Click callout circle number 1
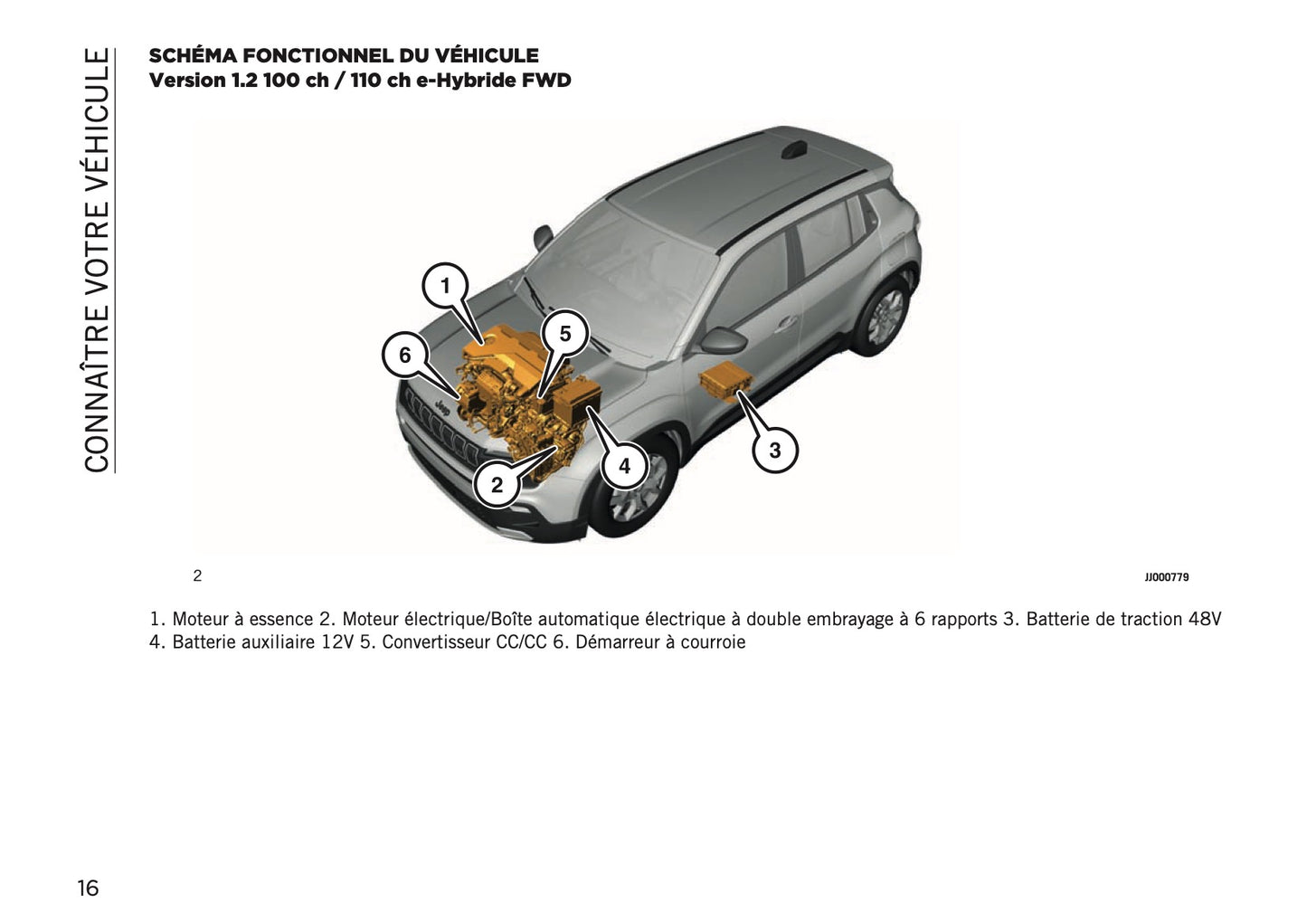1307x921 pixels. tap(445, 287)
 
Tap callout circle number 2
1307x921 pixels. tap(497, 485)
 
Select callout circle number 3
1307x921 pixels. tap(774, 449)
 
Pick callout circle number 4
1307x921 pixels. tap(624, 467)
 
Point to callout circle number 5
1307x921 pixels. tap(565, 334)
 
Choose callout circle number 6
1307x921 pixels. tap(404, 356)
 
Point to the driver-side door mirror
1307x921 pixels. tap(723, 339)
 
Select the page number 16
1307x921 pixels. tap(88, 888)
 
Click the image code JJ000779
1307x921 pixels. tap(1166, 576)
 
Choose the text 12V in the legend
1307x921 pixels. tap(337, 643)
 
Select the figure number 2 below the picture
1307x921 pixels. tap(197, 575)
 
